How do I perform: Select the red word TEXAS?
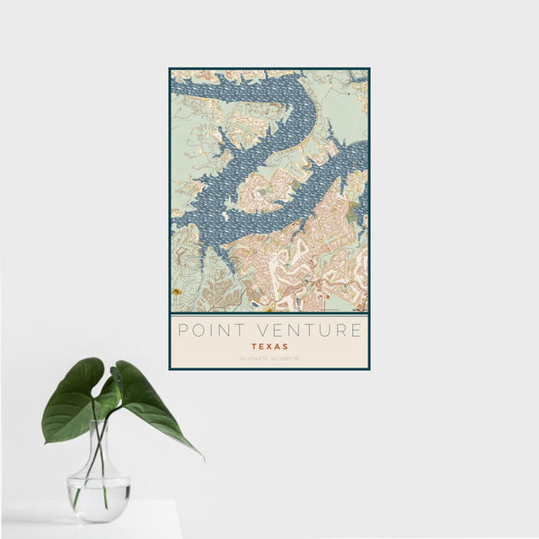tap(269, 345)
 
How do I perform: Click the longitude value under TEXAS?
tap(285, 359)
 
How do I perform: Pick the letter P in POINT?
tap(183, 330)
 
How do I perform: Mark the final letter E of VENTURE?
tap(357, 330)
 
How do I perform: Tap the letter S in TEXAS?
tap(285, 345)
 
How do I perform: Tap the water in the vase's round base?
tap(98, 498)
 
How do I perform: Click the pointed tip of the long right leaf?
tap(202, 458)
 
